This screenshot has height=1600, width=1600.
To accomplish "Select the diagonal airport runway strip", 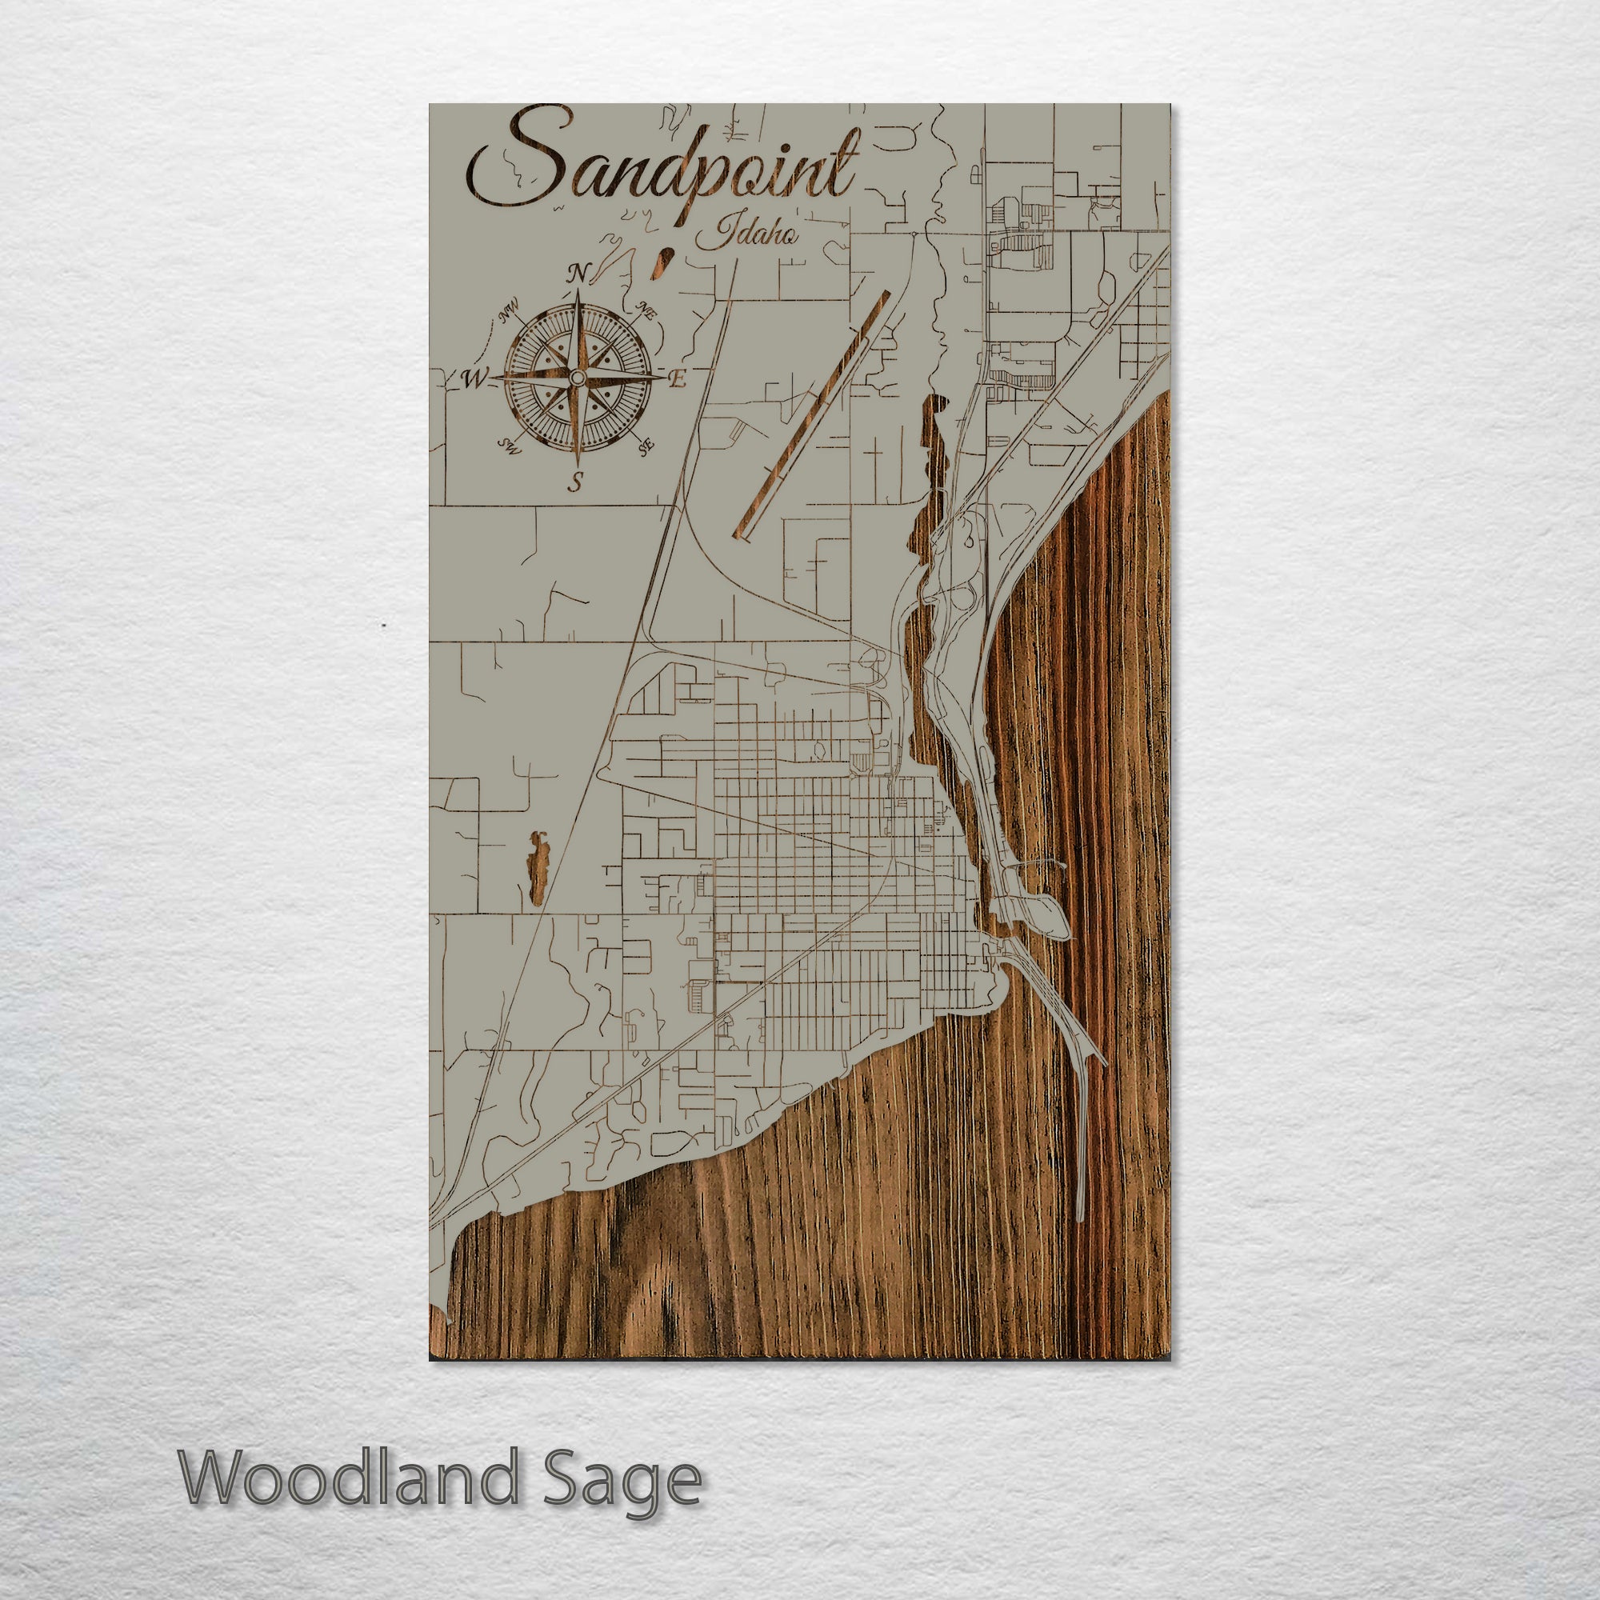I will click(811, 414).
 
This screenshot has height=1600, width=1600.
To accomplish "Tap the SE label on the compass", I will click(646, 446).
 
